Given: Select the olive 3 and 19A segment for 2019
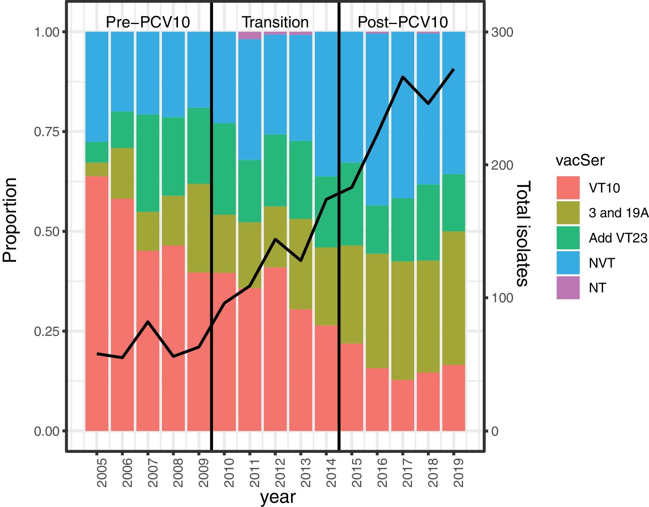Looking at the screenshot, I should [453, 298].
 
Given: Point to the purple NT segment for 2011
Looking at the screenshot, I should [250, 35].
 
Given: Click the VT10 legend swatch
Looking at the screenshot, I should [568, 188].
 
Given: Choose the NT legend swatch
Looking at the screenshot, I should [568, 287].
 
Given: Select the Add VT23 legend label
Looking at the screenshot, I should [618, 238].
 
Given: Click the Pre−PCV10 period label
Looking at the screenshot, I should [148, 22].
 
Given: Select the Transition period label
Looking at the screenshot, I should [275, 22].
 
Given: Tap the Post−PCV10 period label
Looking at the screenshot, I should [403, 22].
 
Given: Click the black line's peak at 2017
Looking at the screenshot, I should [403, 77].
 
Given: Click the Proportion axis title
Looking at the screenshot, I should [10, 220].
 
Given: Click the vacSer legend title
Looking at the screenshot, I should [580, 160].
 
